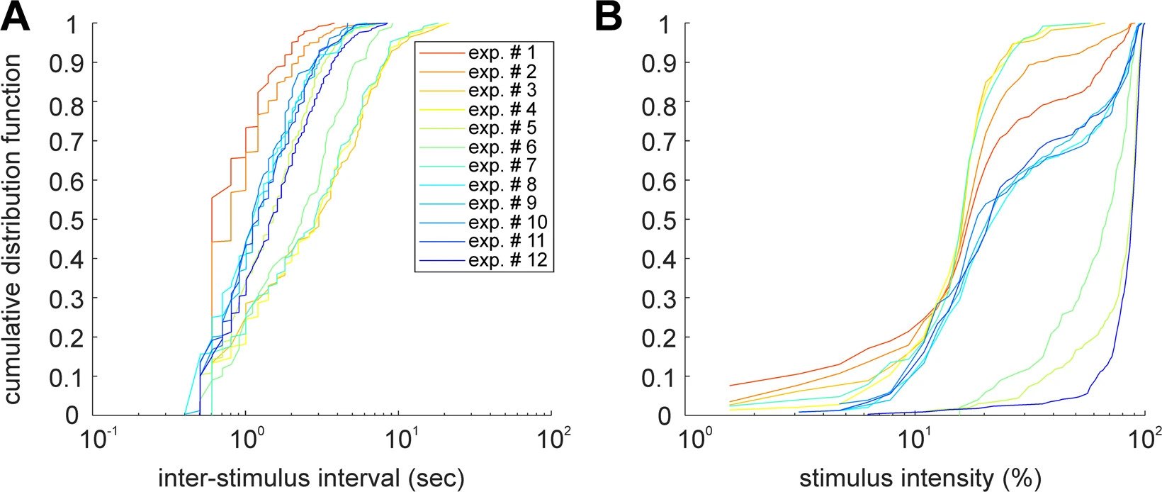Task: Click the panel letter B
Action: (x=609, y=17)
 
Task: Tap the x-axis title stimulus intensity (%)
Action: (x=920, y=479)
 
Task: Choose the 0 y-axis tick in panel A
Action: (x=74, y=415)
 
